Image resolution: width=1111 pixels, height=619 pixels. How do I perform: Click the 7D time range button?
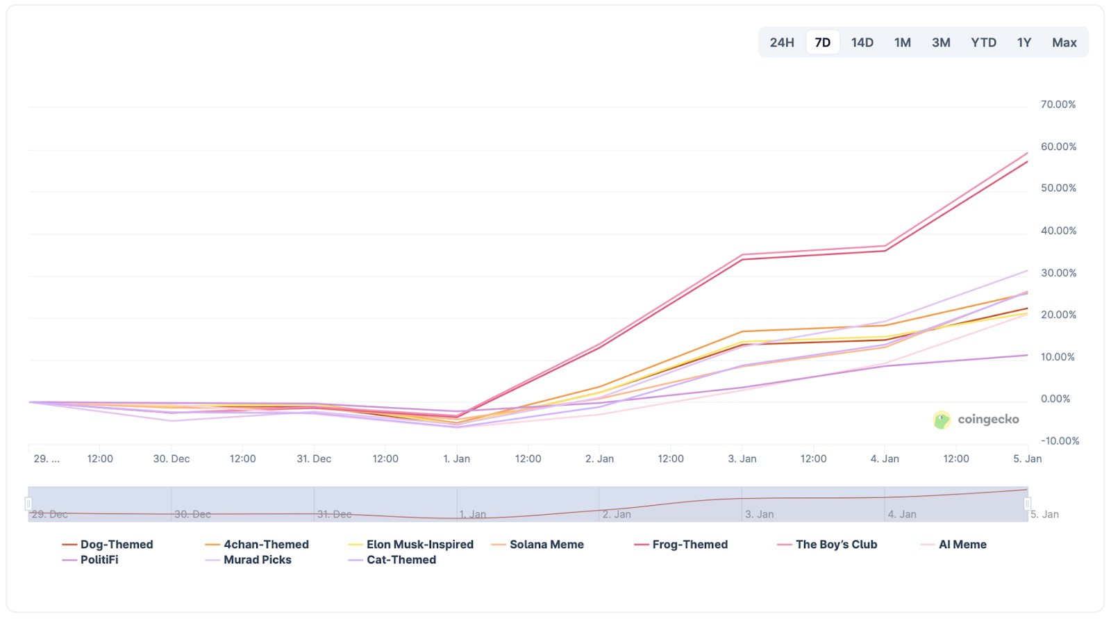(822, 42)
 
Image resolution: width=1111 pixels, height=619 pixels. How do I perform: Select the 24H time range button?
(782, 42)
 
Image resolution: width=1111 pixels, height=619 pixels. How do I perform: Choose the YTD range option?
(983, 42)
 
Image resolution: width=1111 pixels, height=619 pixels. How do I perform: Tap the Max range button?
(1064, 42)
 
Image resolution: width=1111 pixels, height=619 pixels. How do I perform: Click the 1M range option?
(902, 42)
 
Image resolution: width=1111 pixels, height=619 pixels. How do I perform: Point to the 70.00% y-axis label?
(1058, 104)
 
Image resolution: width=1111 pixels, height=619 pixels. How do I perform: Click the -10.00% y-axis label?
(1059, 441)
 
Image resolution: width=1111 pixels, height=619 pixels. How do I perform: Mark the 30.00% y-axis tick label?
(1058, 273)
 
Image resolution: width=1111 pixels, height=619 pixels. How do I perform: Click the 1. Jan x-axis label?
(457, 459)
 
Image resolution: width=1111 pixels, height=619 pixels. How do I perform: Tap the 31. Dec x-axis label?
(314, 459)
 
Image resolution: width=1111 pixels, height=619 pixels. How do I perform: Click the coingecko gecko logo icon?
(942, 420)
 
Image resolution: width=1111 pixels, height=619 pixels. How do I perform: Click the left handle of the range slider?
(28, 504)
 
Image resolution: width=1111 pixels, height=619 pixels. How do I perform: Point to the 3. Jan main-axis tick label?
(742, 459)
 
